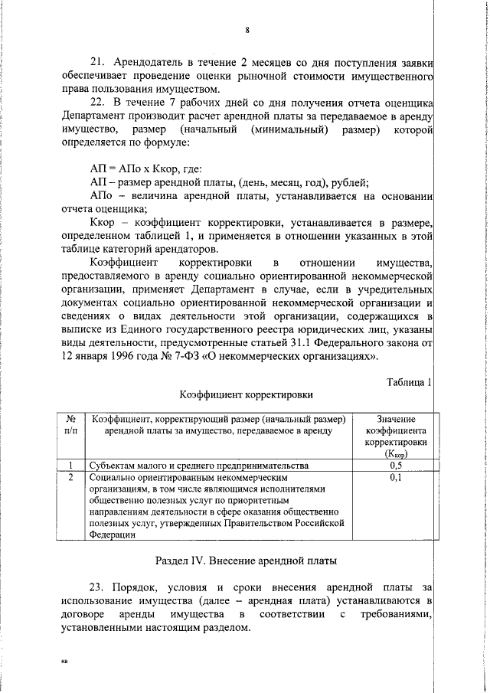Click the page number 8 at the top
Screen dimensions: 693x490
coord(247,31)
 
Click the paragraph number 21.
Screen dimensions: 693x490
coord(97,62)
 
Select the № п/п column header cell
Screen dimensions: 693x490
coord(70,425)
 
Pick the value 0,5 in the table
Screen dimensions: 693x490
coord(396,465)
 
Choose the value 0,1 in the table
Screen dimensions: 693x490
coord(396,477)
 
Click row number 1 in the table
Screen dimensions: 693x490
coord(70,465)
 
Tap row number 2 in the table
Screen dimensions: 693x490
coord(70,477)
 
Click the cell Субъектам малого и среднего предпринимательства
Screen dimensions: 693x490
coord(199,465)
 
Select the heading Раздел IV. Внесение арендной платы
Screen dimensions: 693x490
coord(246,561)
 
